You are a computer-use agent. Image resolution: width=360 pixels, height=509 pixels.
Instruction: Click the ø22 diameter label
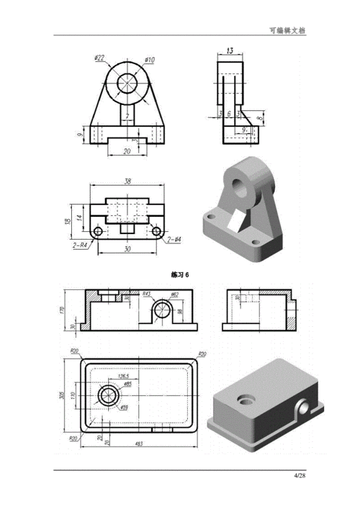pos(99,58)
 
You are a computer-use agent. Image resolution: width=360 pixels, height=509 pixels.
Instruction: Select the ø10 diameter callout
pos(149,59)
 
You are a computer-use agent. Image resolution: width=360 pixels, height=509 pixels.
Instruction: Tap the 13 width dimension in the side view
pos(230,50)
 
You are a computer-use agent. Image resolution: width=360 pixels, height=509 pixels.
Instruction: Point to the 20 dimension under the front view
pos(127,150)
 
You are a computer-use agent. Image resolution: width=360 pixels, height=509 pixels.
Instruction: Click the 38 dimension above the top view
pos(127,181)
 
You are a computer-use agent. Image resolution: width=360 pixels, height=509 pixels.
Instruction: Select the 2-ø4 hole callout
pos(174,239)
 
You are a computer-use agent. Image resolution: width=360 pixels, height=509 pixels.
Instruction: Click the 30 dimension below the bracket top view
pos(127,250)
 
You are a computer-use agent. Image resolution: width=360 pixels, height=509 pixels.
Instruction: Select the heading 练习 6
pos(180,275)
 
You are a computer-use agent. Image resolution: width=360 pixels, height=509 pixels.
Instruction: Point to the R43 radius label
pos(147,294)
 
